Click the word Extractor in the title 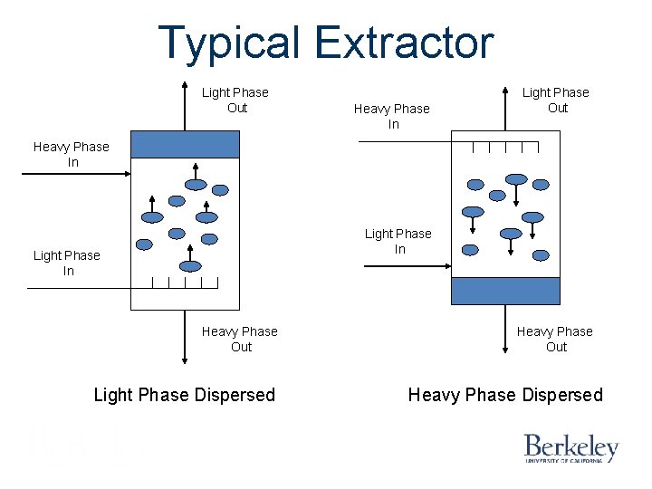[405, 43]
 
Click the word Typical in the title [231, 43]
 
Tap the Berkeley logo [570, 447]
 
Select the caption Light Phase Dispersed [185, 395]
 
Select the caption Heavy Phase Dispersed [505, 395]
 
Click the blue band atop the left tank [185, 144]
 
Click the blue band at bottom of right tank [505, 291]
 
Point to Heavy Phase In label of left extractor [72, 154]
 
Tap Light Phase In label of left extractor [67, 263]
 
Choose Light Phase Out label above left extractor [235, 100]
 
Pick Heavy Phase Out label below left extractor [240, 339]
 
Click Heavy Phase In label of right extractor [392, 116]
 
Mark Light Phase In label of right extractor [398, 241]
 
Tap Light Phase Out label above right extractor [556, 100]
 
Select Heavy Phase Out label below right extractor [555, 339]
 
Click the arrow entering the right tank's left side [407, 266]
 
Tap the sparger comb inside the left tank [185, 282]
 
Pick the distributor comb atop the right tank [505, 146]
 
